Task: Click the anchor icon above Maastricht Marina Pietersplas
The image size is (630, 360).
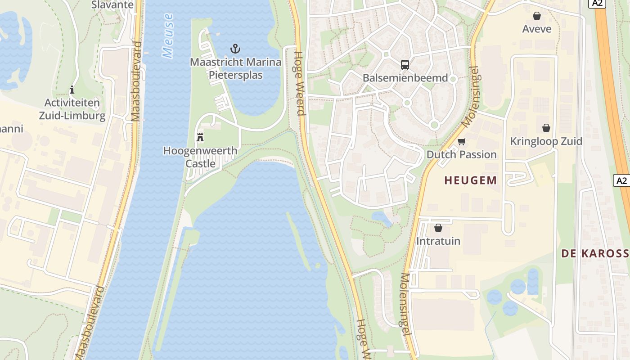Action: coord(235,49)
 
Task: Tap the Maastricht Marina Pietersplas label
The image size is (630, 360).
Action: coord(235,68)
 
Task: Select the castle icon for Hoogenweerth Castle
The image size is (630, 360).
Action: coord(200,137)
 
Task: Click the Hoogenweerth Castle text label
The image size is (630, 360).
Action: coord(200,157)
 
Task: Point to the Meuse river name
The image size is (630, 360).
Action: coord(168,36)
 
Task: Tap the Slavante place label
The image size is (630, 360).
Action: coord(112,5)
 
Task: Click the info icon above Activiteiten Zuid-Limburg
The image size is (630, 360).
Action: coord(72,90)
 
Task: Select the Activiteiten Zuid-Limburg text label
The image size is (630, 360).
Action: coord(72,109)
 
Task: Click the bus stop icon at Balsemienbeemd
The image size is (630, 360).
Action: coord(405,64)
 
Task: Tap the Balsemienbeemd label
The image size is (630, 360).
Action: coord(405,78)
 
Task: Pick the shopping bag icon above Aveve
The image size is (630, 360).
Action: coord(536,16)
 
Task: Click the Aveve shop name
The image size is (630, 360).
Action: coord(536,29)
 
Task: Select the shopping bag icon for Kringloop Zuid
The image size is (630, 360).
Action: coord(546,128)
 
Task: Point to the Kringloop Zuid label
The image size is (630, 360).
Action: coord(546,141)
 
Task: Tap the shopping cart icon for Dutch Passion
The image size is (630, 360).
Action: coord(461,142)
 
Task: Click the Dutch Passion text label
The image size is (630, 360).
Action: coord(461,154)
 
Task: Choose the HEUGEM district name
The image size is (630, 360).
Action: coord(471,180)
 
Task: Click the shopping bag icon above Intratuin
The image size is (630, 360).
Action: coord(438,228)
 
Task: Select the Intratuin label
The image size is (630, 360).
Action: coord(438,241)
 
